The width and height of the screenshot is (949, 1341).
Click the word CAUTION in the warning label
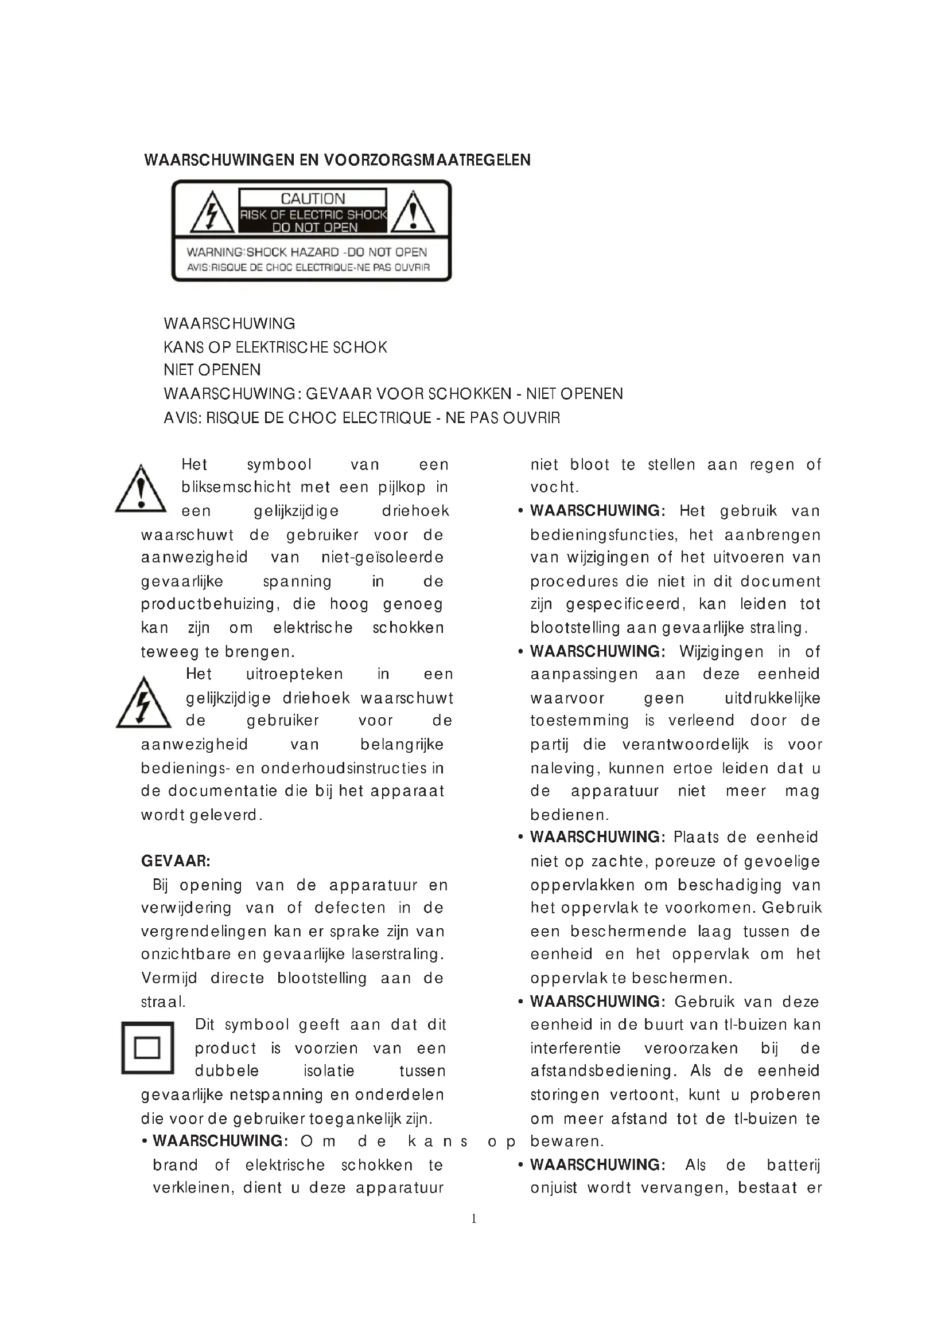click(313, 199)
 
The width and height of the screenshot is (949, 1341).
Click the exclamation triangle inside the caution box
click(413, 213)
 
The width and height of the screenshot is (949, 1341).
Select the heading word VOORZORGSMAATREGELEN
click(426, 160)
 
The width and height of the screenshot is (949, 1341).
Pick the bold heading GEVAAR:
click(176, 861)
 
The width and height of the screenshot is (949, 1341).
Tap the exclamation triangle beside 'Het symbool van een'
click(141, 490)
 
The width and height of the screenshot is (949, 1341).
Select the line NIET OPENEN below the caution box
click(212, 370)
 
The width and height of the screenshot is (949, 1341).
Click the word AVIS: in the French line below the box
click(182, 418)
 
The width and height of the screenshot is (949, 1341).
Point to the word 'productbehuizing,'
click(208, 604)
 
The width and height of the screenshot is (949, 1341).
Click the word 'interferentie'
click(575, 1048)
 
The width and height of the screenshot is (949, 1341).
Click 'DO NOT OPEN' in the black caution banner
click(314, 228)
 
